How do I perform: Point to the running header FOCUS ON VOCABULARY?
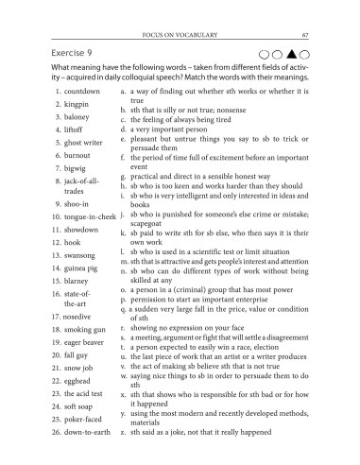(x=180, y=10)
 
